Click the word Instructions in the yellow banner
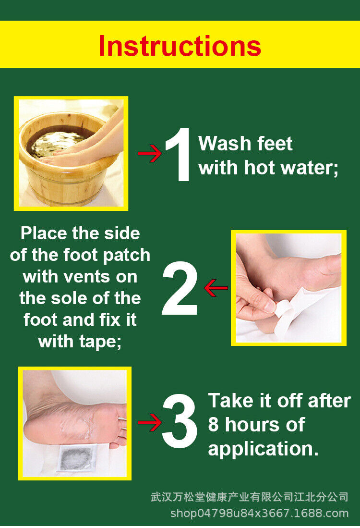(x=180, y=46)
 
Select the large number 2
(x=180, y=288)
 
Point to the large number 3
(x=180, y=421)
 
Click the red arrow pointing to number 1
(x=150, y=154)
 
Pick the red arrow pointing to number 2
(x=216, y=288)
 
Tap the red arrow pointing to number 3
(x=150, y=422)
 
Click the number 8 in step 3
(x=213, y=425)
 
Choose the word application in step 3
(x=263, y=449)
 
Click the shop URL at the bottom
(x=259, y=514)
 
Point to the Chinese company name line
(x=249, y=497)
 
